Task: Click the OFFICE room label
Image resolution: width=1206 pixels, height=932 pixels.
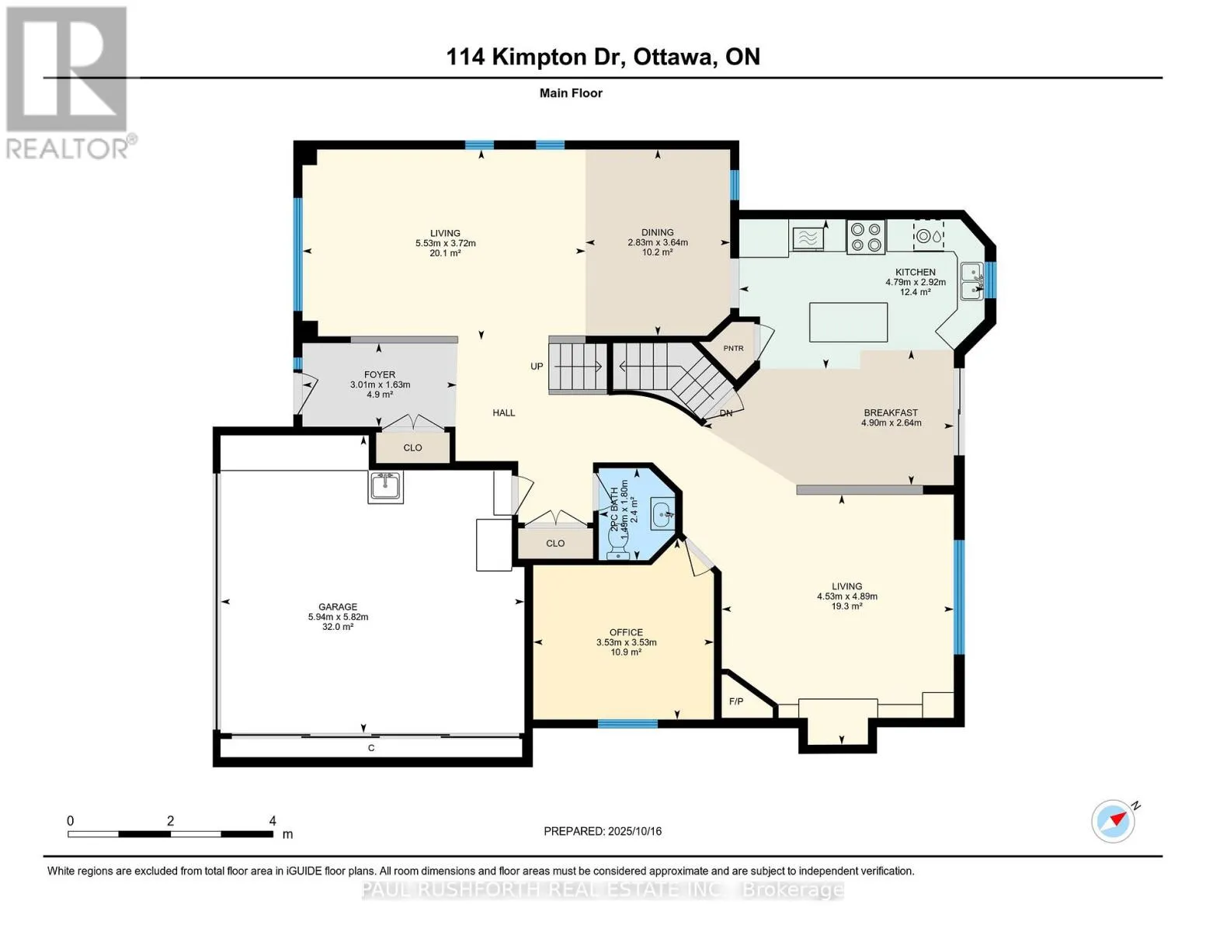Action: click(x=626, y=632)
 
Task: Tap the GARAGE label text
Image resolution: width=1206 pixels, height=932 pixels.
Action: click(x=338, y=607)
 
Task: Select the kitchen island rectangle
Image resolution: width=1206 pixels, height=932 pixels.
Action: click(x=848, y=322)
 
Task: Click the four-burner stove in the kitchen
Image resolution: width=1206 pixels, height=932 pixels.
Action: click(x=866, y=236)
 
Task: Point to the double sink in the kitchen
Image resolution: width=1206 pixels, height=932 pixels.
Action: click(x=971, y=281)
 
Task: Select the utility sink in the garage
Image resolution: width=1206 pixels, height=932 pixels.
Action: click(x=385, y=487)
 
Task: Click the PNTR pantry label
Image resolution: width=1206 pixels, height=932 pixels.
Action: click(x=733, y=348)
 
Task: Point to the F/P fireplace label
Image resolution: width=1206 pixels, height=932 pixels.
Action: click(x=736, y=701)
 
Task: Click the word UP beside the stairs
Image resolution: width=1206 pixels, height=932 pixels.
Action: click(x=536, y=367)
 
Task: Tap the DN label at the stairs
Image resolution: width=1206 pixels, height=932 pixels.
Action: click(x=726, y=413)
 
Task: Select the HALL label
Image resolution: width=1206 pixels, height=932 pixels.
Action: click(x=503, y=412)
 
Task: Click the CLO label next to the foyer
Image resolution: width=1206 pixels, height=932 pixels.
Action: click(x=412, y=447)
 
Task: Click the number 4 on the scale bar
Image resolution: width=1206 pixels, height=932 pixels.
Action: click(x=273, y=820)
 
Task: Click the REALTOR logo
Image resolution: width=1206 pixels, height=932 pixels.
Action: click(x=69, y=83)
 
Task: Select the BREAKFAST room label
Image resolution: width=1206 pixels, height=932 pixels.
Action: click(x=891, y=412)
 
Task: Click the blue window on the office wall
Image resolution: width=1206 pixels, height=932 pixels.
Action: click(x=627, y=724)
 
